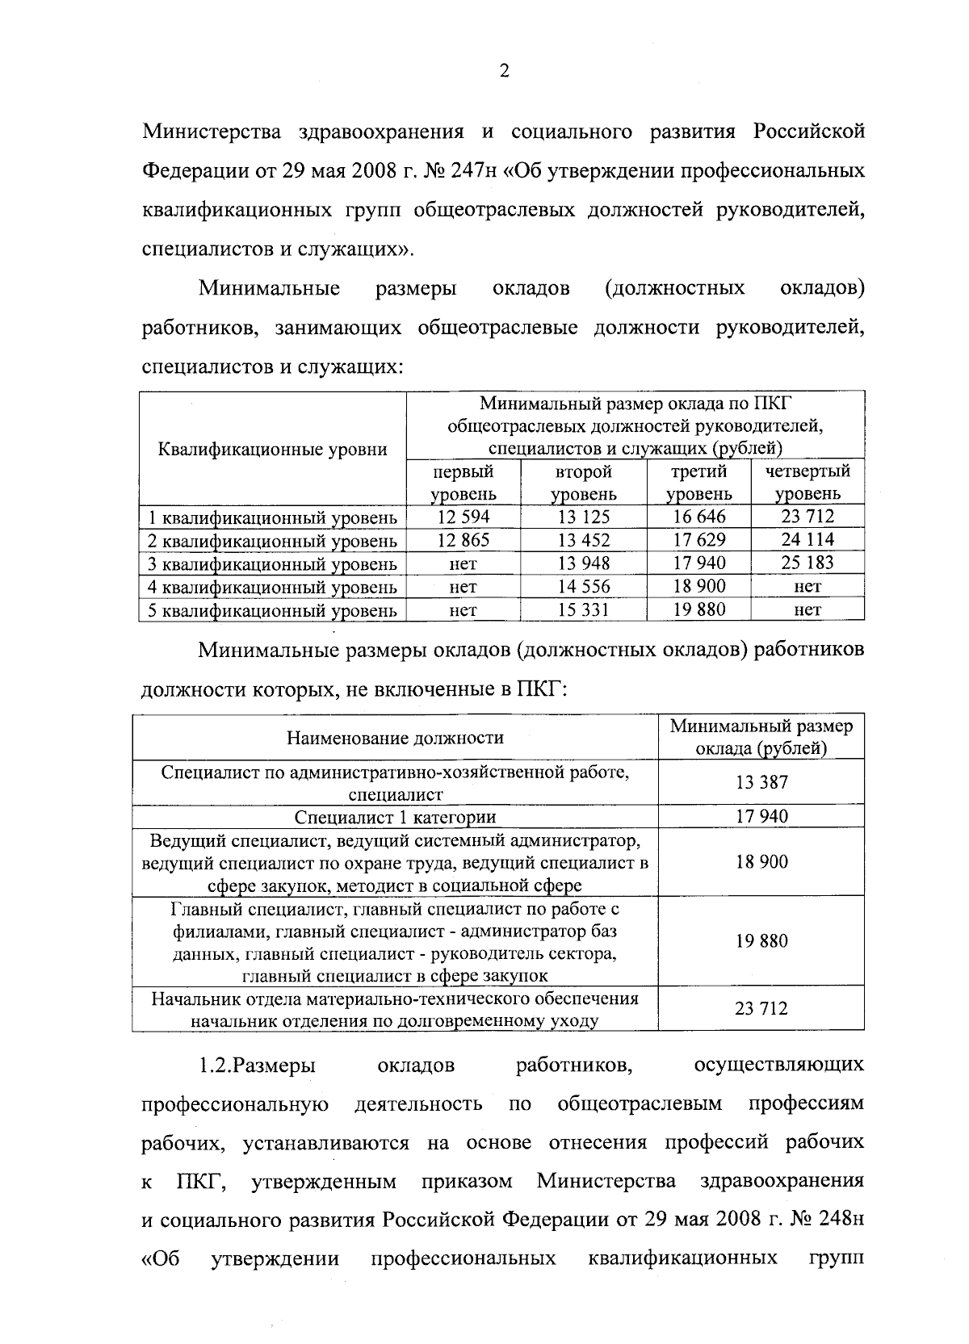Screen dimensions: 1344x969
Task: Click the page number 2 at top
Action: [505, 72]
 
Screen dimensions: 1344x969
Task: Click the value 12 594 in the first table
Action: [463, 517]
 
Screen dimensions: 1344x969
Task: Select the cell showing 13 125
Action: [584, 517]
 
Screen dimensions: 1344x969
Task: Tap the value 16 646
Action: [699, 517]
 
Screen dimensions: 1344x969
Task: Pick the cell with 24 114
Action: [807, 539]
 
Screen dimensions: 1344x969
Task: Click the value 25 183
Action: [807, 563]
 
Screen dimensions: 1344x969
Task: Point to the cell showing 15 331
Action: [584, 609]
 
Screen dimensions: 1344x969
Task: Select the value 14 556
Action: [584, 586]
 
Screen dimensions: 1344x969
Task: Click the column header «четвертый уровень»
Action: [807, 482]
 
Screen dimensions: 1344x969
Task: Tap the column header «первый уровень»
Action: [463, 482]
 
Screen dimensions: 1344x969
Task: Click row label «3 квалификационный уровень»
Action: [272, 563]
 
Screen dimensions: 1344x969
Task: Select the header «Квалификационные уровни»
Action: [272, 449]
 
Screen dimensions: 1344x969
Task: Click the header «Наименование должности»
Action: [395, 737]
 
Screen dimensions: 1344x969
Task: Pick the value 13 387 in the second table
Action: [761, 781]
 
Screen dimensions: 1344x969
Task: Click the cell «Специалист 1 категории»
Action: [395, 816]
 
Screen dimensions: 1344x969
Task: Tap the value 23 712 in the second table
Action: [761, 1008]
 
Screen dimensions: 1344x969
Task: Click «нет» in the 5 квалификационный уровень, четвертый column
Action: [807, 610]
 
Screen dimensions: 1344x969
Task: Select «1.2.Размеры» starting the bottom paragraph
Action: [258, 1066]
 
